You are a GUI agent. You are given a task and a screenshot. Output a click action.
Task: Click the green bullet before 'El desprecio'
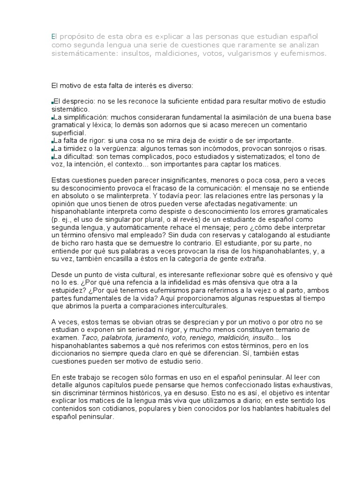[52, 102]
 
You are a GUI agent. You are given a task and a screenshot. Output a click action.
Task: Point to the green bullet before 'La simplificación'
[52, 118]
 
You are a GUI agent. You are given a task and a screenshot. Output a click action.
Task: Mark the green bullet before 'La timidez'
[52, 149]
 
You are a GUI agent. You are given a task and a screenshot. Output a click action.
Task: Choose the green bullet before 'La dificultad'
[52, 157]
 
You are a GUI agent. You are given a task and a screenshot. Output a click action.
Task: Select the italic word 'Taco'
[90, 337]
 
